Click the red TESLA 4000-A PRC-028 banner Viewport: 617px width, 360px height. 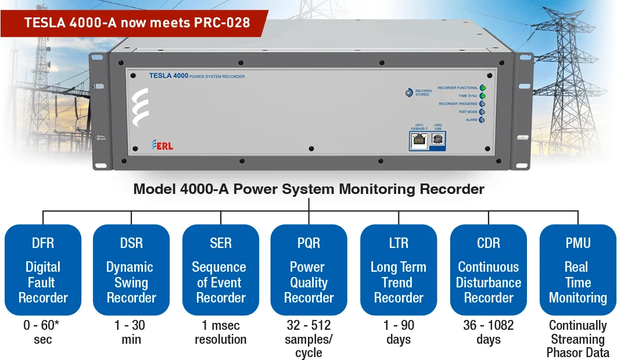click(x=137, y=23)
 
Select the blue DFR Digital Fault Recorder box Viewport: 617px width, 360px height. click(x=43, y=269)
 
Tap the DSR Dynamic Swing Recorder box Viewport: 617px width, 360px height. click(x=131, y=269)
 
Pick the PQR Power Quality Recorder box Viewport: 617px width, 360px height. click(x=309, y=269)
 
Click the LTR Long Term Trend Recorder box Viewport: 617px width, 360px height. click(x=399, y=269)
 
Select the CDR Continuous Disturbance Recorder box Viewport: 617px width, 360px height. click(x=489, y=269)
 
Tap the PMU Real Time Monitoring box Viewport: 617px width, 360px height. click(x=577, y=269)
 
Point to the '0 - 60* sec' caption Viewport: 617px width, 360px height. click(x=42, y=332)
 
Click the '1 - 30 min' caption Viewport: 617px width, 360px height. click(x=131, y=332)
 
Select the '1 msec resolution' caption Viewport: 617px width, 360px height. click(x=221, y=332)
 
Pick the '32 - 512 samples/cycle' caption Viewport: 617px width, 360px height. click(x=309, y=339)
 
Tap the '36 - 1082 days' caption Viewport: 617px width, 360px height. click(x=489, y=332)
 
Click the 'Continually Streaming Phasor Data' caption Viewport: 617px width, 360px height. click(x=577, y=339)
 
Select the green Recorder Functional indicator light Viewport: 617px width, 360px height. click(x=482, y=88)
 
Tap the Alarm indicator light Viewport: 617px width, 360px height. click(x=482, y=120)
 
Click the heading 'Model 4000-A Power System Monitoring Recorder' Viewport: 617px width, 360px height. click(x=308, y=189)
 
